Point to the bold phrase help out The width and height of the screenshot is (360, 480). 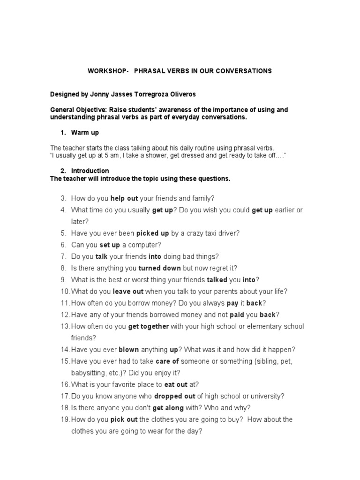pyautogui.click(x=124, y=198)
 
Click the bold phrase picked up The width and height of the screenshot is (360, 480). pyautogui.click(x=152, y=233)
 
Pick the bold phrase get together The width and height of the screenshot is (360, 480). pyautogui.click(x=148, y=326)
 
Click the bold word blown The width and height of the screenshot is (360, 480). pyautogui.click(x=129, y=350)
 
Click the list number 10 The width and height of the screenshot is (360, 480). pyautogui.click(x=65, y=291)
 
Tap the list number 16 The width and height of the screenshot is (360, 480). pyautogui.click(x=65, y=384)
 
